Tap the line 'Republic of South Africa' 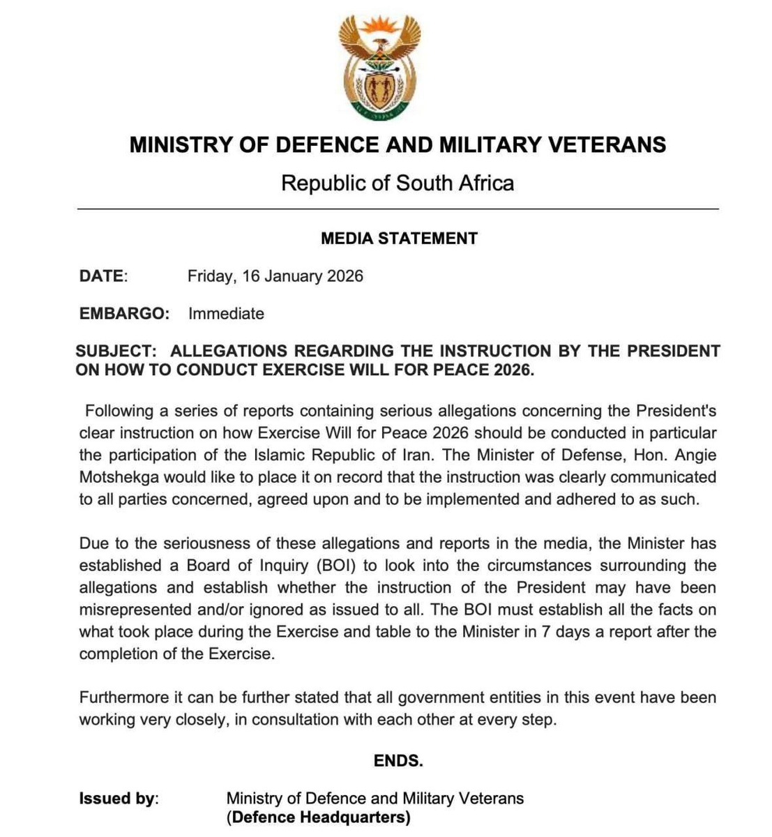[x=398, y=183]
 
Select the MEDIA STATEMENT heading [x=399, y=239]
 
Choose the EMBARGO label [x=124, y=314]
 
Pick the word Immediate [x=226, y=314]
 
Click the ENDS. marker [x=398, y=760]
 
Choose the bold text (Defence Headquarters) [x=318, y=817]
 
